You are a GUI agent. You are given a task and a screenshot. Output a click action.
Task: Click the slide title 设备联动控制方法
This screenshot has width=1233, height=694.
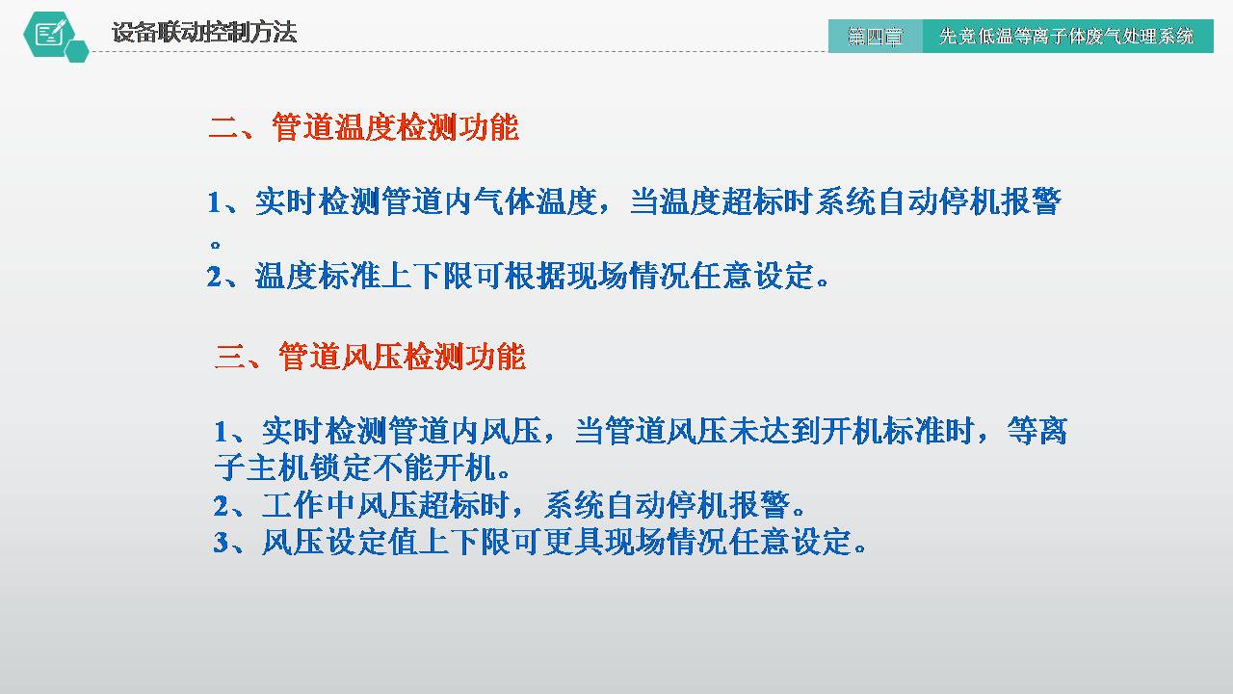[x=204, y=33]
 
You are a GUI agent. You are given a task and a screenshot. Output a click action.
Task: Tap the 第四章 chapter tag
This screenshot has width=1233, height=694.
[x=875, y=37]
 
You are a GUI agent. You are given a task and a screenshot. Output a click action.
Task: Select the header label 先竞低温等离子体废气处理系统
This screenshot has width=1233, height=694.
[x=1066, y=37]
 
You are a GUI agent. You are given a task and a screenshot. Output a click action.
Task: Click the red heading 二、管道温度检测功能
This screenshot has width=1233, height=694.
[x=364, y=128]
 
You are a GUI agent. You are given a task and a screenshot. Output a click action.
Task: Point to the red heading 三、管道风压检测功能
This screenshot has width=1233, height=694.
[x=370, y=357]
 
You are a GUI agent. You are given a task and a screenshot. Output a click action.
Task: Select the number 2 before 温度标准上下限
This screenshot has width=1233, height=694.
[x=215, y=278]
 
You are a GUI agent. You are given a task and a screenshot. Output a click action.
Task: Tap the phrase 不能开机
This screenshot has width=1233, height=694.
[x=433, y=469]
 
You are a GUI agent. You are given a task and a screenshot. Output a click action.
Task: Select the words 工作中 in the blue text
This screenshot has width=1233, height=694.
[x=309, y=505]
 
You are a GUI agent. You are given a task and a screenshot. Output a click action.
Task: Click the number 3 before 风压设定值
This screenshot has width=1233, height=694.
[x=221, y=543]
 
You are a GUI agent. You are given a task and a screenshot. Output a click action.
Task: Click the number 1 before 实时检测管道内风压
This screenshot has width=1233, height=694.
[x=221, y=431]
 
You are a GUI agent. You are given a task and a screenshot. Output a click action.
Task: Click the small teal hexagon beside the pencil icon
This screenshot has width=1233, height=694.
[x=78, y=51]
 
